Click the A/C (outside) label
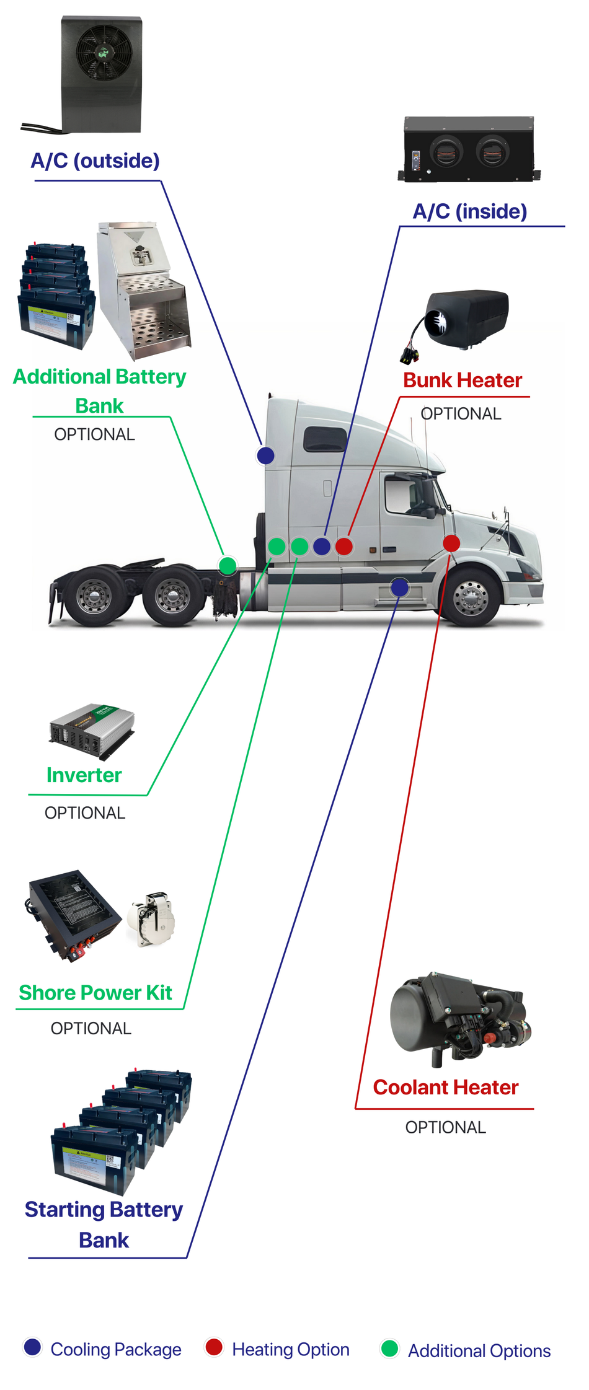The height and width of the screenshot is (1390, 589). [x=95, y=161]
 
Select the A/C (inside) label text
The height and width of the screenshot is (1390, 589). [x=470, y=211]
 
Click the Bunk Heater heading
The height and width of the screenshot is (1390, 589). [x=463, y=380]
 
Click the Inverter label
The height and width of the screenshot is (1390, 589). [x=84, y=775]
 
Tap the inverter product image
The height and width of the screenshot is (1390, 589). [x=92, y=731]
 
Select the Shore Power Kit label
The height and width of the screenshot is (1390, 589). [x=95, y=993]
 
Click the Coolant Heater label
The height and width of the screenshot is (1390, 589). [x=445, y=1087]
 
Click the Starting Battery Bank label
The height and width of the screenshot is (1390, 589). [x=104, y=1224]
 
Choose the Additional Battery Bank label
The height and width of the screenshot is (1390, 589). [x=99, y=391]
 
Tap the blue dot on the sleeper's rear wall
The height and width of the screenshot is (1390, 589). [x=265, y=455]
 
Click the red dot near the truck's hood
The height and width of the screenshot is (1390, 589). [x=451, y=543]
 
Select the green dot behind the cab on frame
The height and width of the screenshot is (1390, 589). [x=228, y=565]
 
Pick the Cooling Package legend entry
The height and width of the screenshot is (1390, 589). [x=102, y=1349]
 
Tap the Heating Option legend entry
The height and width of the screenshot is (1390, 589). [x=277, y=1349]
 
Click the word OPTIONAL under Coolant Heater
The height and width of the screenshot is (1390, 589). [x=445, y=1127]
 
